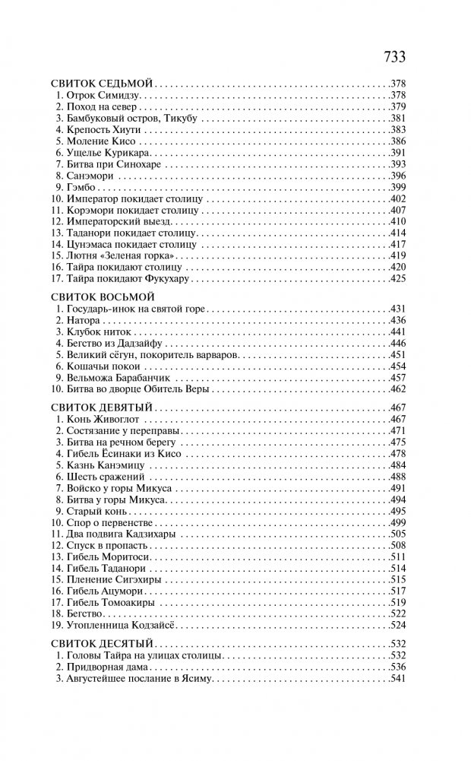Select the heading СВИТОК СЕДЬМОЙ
(103, 83)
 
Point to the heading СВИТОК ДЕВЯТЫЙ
(103, 407)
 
